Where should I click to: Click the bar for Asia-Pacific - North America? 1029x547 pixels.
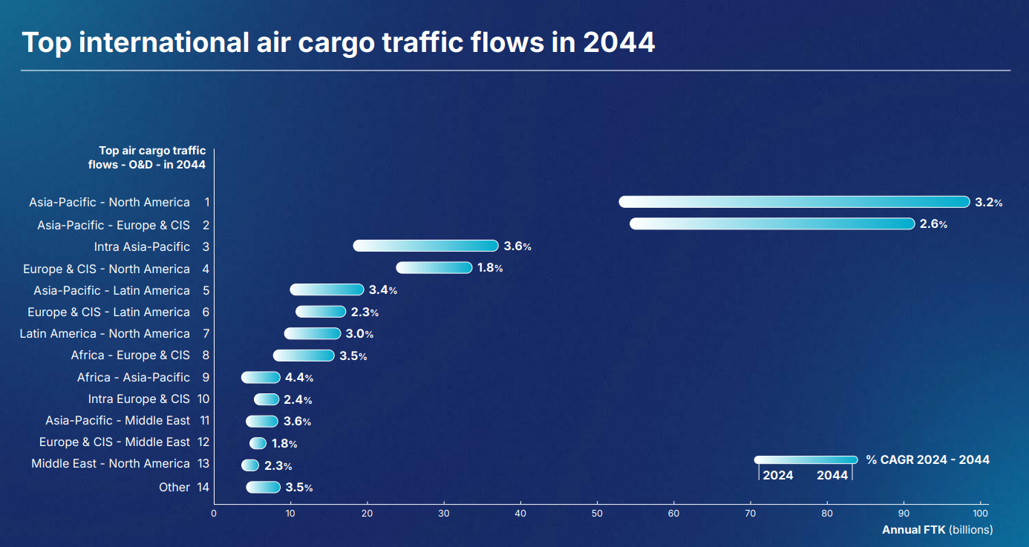[794, 202]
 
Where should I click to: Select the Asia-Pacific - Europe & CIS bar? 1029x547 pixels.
[772, 224]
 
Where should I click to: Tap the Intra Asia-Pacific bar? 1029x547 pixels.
[425, 246]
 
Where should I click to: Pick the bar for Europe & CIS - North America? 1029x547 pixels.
[434, 268]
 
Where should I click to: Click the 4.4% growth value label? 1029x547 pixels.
[298, 378]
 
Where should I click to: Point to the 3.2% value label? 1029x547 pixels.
[988, 202]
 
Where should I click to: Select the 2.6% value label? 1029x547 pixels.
[933, 224]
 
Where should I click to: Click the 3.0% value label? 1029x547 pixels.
[359, 334]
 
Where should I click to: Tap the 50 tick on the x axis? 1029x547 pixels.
[597, 514]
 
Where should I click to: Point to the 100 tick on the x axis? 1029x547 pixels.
[980, 514]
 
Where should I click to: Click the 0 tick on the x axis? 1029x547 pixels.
[214, 514]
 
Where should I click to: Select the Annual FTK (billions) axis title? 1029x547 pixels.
[937, 530]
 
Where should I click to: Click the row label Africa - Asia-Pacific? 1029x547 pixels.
[134, 377]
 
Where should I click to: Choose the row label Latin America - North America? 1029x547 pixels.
[105, 333]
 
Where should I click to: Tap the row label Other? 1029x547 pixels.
[174, 487]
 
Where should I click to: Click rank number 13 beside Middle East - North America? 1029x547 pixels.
[203, 464]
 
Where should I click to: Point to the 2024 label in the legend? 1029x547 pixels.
[778, 476]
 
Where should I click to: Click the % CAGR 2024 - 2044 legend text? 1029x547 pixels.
[927, 460]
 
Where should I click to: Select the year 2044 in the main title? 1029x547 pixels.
[618, 42]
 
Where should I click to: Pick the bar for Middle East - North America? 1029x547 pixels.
[250, 465]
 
